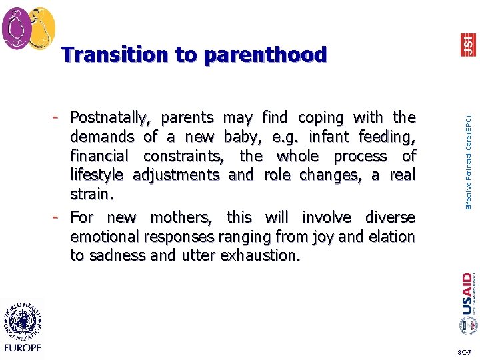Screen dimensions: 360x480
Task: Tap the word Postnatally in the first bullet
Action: tap(109, 118)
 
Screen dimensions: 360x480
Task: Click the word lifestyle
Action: tap(99, 175)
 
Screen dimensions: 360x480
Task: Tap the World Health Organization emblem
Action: tap(23, 319)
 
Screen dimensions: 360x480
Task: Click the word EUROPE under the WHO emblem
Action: tap(23, 347)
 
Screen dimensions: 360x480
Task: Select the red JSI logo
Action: tap(469, 45)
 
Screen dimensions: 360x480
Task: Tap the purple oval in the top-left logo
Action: tap(16, 28)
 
